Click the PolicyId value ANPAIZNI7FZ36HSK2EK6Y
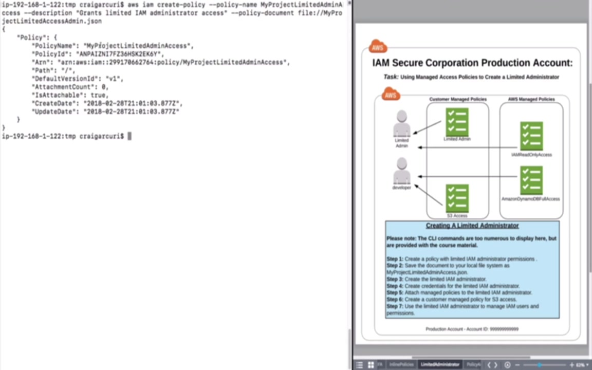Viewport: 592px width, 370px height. (119, 54)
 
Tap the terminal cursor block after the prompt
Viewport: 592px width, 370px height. (129, 136)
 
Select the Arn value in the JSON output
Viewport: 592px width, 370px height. (173, 62)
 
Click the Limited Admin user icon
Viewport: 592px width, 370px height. (402, 124)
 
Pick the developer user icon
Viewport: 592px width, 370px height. (402, 171)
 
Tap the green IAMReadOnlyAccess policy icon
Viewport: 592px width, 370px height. (531, 136)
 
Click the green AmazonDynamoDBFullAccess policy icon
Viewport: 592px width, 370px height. (531, 180)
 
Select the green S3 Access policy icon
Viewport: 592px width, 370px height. (457, 198)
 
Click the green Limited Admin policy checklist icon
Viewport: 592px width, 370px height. (457, 121)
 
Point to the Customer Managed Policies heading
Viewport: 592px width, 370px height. (458, 99)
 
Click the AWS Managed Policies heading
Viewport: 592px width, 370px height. (531, 99)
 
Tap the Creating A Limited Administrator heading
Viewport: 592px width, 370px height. (472, 226)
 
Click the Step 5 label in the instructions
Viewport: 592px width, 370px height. (395, 292)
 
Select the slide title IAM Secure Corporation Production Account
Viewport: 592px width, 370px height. (472, 63)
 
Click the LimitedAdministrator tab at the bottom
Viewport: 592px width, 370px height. (440, 364)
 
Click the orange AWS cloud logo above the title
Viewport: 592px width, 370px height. (378, 47)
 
